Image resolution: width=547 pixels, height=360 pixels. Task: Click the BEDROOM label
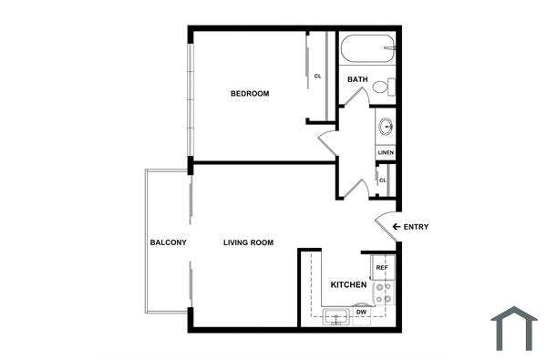click(249, 94)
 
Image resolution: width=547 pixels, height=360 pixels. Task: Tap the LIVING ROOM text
click(249, 242)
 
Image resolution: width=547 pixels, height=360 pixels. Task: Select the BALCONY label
click(168, 242)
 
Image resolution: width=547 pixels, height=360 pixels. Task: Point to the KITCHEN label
click(348, 285)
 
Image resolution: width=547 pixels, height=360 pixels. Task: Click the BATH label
click(357, 79)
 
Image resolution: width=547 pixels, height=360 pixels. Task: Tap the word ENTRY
click(416, 227)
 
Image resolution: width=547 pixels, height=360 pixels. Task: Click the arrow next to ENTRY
click(397, 227)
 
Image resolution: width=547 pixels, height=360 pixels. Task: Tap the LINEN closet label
click(385, 152)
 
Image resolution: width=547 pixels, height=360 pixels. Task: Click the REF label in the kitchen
click(382, 268)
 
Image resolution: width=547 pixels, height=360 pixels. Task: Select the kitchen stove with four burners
click(385, 292)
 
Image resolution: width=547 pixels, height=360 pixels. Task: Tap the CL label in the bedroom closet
click(318, 76)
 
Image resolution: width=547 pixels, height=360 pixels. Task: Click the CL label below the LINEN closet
click(383, 180)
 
